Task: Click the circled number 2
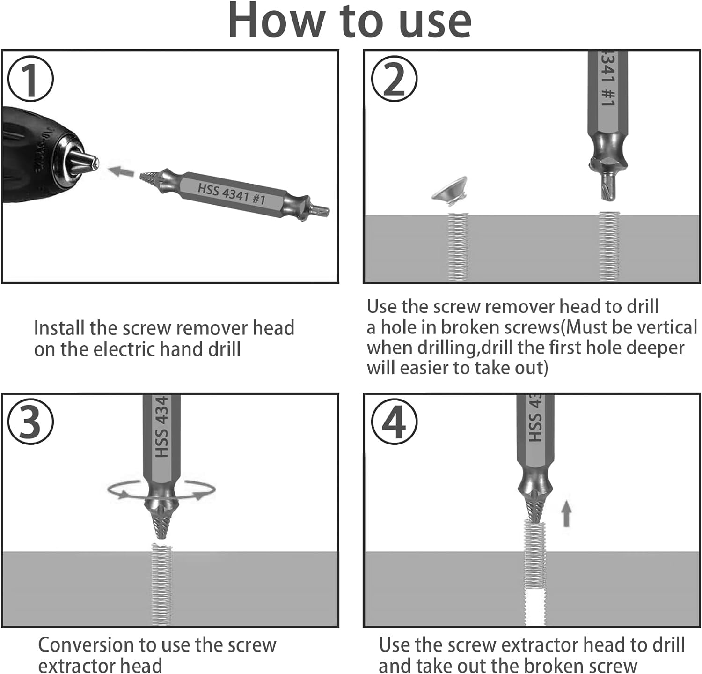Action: coord(394,79)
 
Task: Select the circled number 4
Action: coord(394,422)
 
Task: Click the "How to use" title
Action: coord(350,21)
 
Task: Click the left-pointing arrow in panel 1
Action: coord(120,171)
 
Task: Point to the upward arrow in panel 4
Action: coord(567,513)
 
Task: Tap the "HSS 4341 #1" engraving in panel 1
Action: coord(232,193)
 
